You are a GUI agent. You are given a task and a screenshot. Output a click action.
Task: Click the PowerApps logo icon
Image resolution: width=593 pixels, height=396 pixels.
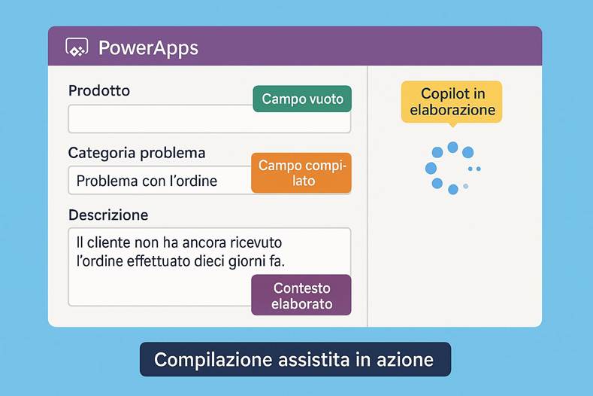(x=77, y=48)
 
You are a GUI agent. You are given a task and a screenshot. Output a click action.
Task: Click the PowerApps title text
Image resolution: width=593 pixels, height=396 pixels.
(x=148, y=48)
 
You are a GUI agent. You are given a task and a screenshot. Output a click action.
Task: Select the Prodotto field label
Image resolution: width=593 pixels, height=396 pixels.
(x=98, y=91)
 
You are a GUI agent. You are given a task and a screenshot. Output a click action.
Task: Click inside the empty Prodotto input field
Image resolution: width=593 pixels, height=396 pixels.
(x=158, y=119)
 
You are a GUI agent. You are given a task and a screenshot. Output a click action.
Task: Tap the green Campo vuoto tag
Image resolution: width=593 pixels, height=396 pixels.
(x=302, y=99)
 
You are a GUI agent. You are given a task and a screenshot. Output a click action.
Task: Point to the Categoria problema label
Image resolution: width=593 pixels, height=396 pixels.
(x=137, y=153)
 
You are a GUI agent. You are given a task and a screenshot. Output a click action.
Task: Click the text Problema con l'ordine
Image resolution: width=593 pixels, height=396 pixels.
(x=147, y=181)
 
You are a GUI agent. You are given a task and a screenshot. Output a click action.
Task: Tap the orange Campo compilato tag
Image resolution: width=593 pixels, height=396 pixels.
(x=301, y=173)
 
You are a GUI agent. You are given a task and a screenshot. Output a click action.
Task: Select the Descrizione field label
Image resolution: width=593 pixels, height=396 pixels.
(x=108, y=215)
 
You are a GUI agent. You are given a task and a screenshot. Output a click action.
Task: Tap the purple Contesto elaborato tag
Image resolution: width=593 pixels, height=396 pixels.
(x=302, y=296)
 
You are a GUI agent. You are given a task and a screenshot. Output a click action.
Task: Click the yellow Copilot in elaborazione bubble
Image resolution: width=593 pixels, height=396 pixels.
(x=452, y=102)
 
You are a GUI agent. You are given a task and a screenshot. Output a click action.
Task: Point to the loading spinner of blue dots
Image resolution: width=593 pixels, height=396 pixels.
(x=452, y=168)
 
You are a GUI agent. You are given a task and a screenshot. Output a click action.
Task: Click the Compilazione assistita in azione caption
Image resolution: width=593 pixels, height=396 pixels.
(x=295, y=359)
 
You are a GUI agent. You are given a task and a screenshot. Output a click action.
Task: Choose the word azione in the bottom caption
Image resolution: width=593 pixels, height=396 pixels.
(x=407, y=360)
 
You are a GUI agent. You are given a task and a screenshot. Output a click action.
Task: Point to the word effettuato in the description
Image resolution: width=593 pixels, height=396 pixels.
(x=162, y=260)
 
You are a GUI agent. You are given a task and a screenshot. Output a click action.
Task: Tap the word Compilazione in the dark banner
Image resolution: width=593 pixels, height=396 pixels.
(x=201, y=360)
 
